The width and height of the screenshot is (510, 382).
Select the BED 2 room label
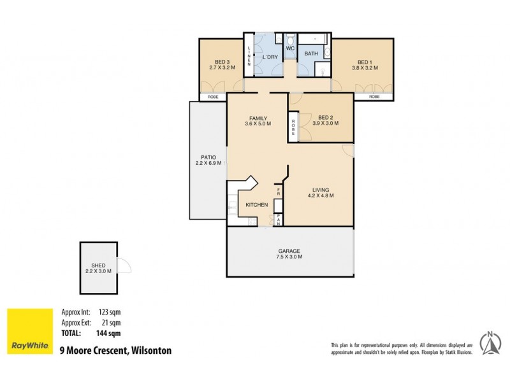pyautogui.click(x=325, y=117)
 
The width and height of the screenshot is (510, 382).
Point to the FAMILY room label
pyautogui.click(x=258, y=118)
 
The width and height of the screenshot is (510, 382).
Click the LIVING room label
pyautogui.click(x=321, y=189)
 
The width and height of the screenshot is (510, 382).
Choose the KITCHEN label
pyautogui.click(x=256, y=204)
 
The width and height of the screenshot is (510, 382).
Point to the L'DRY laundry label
pyautogui.click(x=270, y=57)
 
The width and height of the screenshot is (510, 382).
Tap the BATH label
pyautogui.click(x=310, y=53)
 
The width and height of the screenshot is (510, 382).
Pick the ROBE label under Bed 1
pyautogui.click(x=374, y=97)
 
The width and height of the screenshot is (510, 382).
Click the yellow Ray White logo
pyautogui.click(x=30, y=332)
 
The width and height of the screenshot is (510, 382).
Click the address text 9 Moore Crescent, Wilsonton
pyautogui.click(x=115, y=350)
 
